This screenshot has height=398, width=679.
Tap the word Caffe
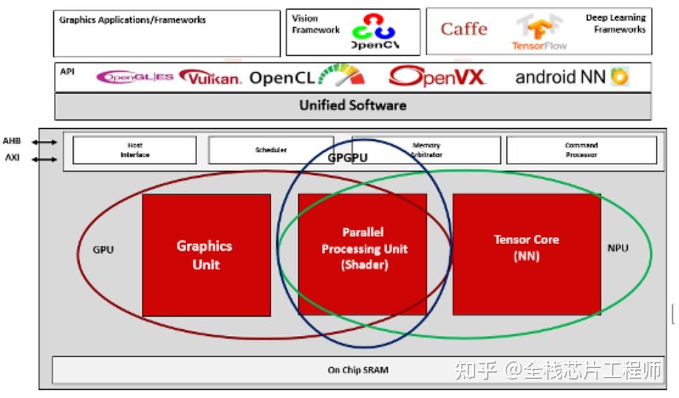tap(464, 29)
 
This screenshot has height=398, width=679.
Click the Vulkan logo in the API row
tap(211, 78)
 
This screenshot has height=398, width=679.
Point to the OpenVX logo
tap(437, 76)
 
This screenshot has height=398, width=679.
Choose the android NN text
tap(560, 77)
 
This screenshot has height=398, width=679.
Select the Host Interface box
tap(134, 150)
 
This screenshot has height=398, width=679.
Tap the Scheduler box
tap(271, 150)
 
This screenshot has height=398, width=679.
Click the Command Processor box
tap(582, 150)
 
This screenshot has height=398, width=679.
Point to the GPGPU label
tap(348, 158)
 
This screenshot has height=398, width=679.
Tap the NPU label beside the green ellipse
tap(618, 248)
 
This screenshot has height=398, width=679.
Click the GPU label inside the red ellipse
tap(104, 249)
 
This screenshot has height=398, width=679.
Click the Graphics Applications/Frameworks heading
tap(132, 20)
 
